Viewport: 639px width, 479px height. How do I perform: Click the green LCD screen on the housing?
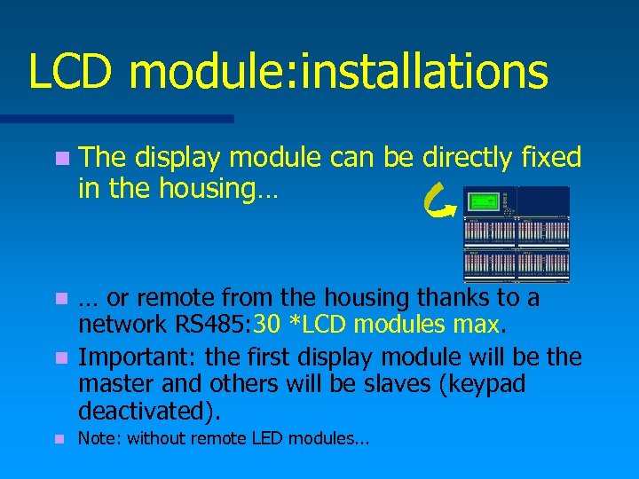pos(484,200)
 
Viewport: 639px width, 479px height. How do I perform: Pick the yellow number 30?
pos(268,325)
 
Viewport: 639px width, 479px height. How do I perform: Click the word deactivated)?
pos(151,412)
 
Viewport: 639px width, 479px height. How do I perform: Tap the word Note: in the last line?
pos(100,438)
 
